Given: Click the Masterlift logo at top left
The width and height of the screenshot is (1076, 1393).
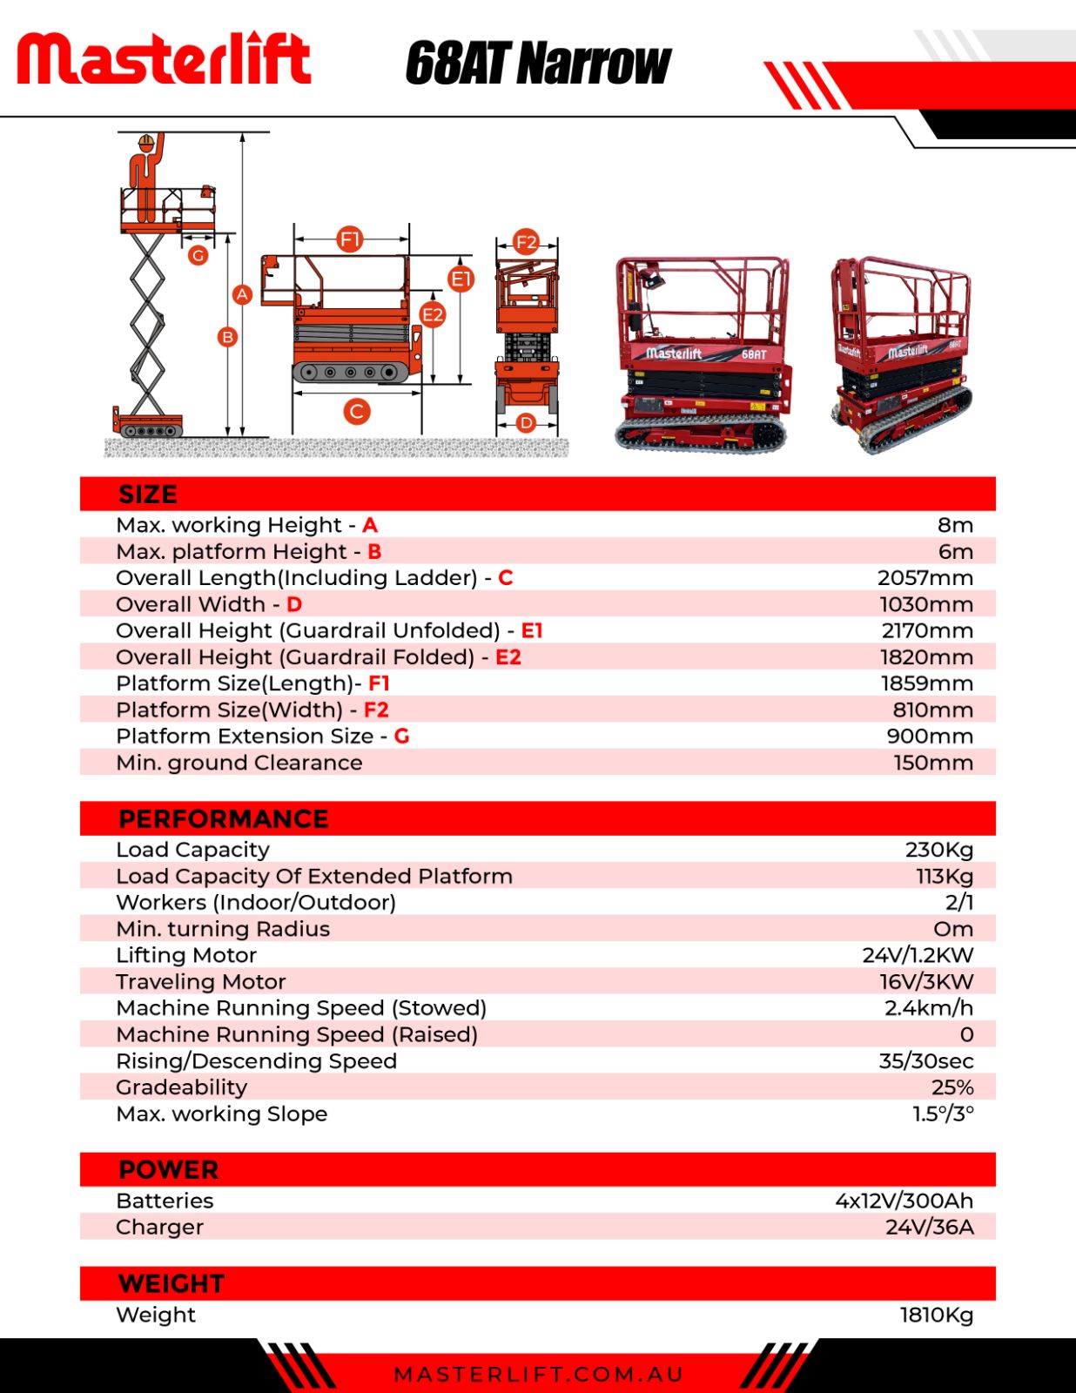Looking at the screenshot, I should tap(164, 58).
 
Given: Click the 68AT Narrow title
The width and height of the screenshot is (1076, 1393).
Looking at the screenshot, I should tap(537, 64).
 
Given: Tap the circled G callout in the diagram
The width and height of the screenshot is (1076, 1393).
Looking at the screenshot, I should tap(198, 255).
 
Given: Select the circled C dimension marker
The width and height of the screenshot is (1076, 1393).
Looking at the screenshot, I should tap(356, 411).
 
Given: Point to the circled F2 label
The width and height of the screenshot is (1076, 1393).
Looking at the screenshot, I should tap(526, 241).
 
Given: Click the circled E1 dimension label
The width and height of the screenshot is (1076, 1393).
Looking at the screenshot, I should tap(461, 279).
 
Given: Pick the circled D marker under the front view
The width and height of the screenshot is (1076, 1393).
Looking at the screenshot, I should tap(526, 423).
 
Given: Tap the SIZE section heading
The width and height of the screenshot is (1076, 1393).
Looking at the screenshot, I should tap(148, 495).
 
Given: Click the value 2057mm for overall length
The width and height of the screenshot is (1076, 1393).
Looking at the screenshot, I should tap(925, 578).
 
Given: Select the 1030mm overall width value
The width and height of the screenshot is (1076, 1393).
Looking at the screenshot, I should tap(926, 604).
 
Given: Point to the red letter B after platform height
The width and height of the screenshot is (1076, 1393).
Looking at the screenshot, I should tap(374, 552).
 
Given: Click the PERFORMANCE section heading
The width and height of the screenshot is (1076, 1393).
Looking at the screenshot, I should tap(224, 819).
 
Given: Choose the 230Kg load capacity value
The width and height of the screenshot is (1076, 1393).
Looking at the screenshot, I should tap(938, 850).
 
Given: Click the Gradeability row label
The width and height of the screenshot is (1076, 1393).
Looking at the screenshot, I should tap(182, 1087).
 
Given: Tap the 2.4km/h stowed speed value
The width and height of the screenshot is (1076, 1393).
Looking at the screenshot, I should tap(928, 1008).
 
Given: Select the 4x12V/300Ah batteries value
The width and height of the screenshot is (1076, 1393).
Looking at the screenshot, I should tap(904, 1201).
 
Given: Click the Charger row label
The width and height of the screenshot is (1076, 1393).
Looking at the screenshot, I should tap(160, 1228).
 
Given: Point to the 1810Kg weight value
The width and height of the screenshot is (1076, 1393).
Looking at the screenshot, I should tap(936, 1315).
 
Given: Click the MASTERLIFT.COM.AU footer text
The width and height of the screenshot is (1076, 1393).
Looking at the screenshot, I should tap(539, 1375).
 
